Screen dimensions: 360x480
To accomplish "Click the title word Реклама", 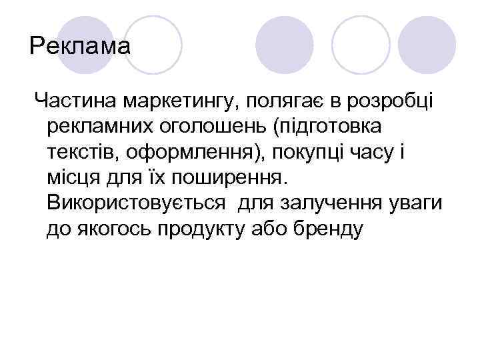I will tap(81, 47).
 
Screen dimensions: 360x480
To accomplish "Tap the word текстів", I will tap(84, 153).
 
